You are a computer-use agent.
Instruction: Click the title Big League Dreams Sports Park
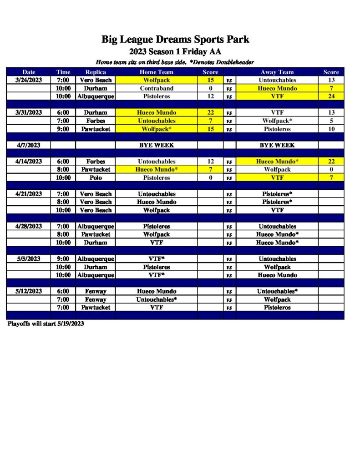tap(175, 39)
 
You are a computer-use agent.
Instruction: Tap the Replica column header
tap(96, 72)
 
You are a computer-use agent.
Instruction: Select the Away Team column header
tap(277, 72)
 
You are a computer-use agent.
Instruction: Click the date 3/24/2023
tap(29, 80)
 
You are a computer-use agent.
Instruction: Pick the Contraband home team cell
tap(156, 88)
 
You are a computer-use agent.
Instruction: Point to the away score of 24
tap(331, 96)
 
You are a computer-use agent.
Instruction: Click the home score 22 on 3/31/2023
tap(210, 112)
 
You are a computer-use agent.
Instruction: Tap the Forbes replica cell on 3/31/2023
tap(96, 121)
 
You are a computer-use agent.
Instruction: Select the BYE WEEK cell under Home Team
tap(156, 145)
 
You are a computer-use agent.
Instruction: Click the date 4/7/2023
tap(29, 145)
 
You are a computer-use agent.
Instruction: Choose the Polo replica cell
tap(96, 177)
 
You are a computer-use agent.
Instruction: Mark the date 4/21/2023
tap(29, 194)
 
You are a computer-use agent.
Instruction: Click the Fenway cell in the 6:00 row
tap(96, 291)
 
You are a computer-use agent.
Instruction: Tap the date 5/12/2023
tap(29, 291)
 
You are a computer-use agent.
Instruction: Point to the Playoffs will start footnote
tap(46, 324)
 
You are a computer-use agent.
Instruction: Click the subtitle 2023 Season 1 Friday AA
tap(175, 51)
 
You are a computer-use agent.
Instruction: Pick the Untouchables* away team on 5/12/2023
tap(277, 291)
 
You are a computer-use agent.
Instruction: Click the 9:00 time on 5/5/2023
tap(63, 259)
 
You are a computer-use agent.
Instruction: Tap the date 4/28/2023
tap(29, 226)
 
